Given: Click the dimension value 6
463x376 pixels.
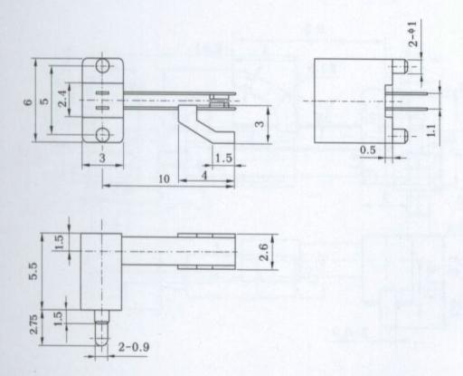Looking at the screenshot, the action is pos(28,101).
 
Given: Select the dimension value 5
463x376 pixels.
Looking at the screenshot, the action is pos(44,101).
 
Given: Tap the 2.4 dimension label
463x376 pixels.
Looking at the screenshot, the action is pos(62,99).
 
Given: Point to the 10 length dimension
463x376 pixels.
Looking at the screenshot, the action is pos(164,179).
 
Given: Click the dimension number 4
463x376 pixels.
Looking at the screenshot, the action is pos(204,175).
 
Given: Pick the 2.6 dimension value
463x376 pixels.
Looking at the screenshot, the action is pos(263,252).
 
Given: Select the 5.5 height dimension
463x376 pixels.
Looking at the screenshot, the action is pos(33,271).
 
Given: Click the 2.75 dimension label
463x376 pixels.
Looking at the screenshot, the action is pos(33,324).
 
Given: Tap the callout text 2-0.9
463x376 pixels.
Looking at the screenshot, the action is pos(134,347).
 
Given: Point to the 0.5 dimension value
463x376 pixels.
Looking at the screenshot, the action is pos(368,149).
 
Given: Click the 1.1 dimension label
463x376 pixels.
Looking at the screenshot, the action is pos(431,130).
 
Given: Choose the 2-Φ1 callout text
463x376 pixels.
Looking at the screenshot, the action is pos(413,34).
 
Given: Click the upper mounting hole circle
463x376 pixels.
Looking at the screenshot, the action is pos(103,66).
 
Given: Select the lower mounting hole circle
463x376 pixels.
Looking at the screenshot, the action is pos(103,134).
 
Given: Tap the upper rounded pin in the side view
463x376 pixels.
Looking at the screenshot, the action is pos(401,66).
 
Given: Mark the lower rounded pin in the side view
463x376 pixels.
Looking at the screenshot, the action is pos(401,136).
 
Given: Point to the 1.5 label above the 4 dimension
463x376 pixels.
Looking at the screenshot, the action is pos(223,158).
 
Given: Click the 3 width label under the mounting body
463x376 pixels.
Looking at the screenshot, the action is pos(102,158).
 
